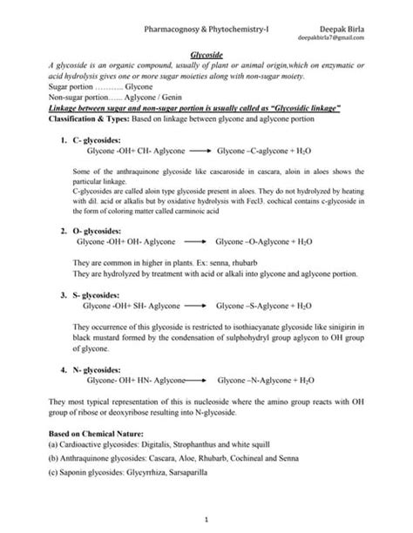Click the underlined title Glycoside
[206, 54]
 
